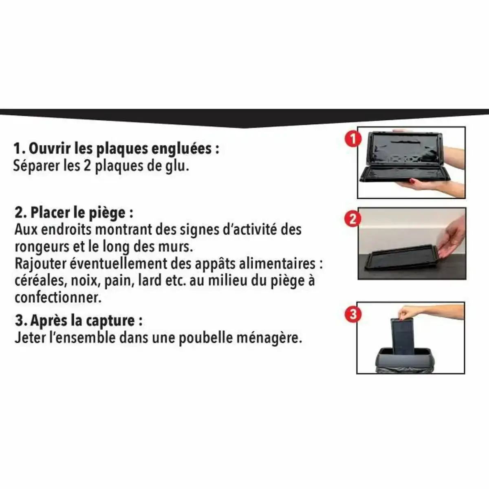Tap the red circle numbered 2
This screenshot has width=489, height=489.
[353, 219]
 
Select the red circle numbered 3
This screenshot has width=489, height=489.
[353, 315]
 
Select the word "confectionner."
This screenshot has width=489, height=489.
[57, 297]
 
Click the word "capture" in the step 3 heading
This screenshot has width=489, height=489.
[109, 321]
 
